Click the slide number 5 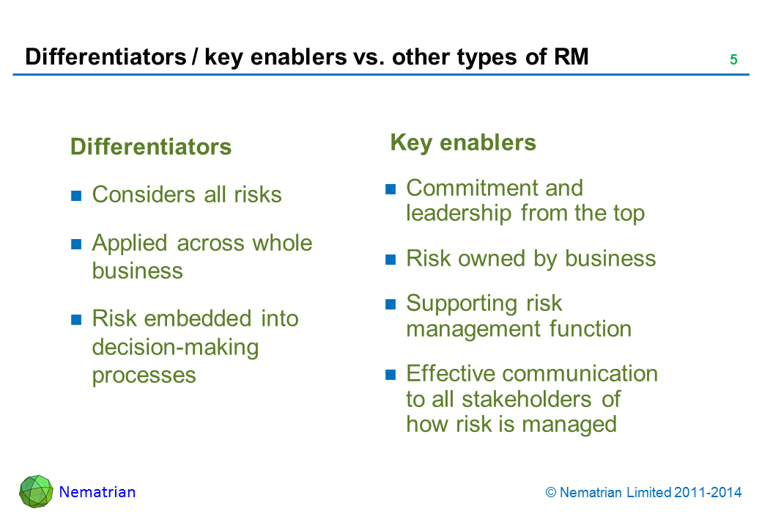[x=733, y=60]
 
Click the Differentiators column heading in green [x=151, y=147]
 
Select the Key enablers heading [x=463, y=142]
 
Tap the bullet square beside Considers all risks [x=76, y=196]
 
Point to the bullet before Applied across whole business [x=76, y=243]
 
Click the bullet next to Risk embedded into [x=76, y=320]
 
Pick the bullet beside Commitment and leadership [x=391, y=189]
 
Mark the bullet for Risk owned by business [x=391, y=260]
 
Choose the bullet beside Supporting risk [x=391, y=304]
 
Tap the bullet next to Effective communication [x=391, y=374]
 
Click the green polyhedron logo [x=36, y=491]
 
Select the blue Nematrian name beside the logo [x=97, y=492]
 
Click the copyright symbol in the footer [x=550, y=493]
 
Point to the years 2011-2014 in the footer [x=708, y=493]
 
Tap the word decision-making [x=175, y=348]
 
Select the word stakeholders [x=527, y=400]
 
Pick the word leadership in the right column [x=459, y=213]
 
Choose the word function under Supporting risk [x=591, y=329]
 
